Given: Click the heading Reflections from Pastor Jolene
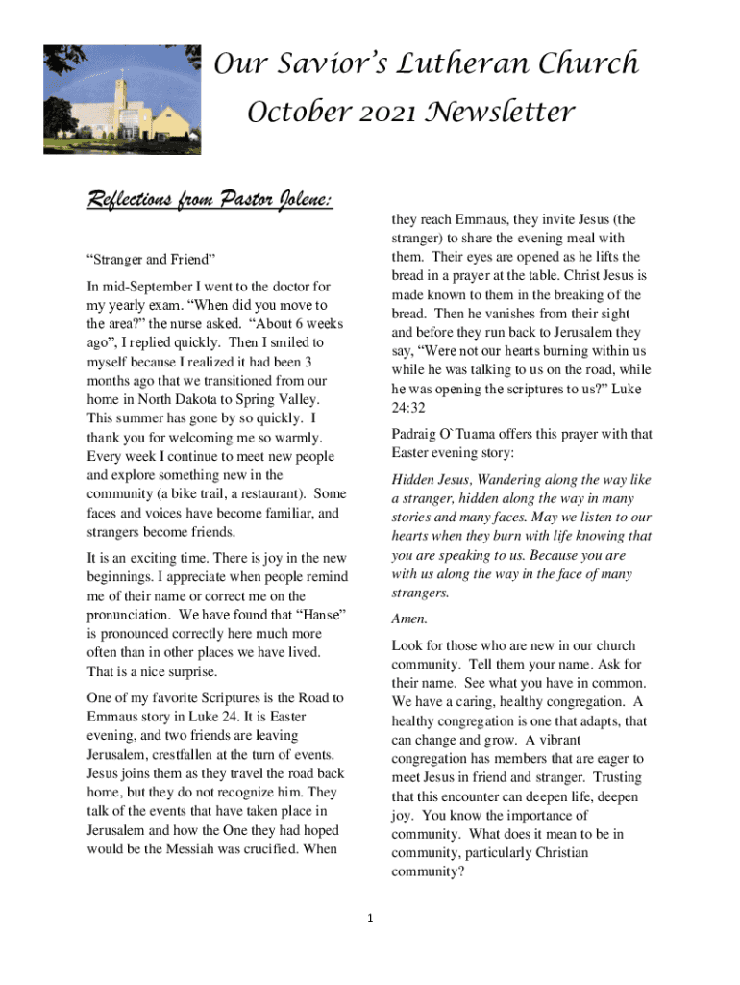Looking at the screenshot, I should pos(210,201).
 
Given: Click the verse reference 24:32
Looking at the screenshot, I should pos(410,408).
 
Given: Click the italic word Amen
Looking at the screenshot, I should pos(408,619).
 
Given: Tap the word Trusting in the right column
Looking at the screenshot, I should pos(619,777).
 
